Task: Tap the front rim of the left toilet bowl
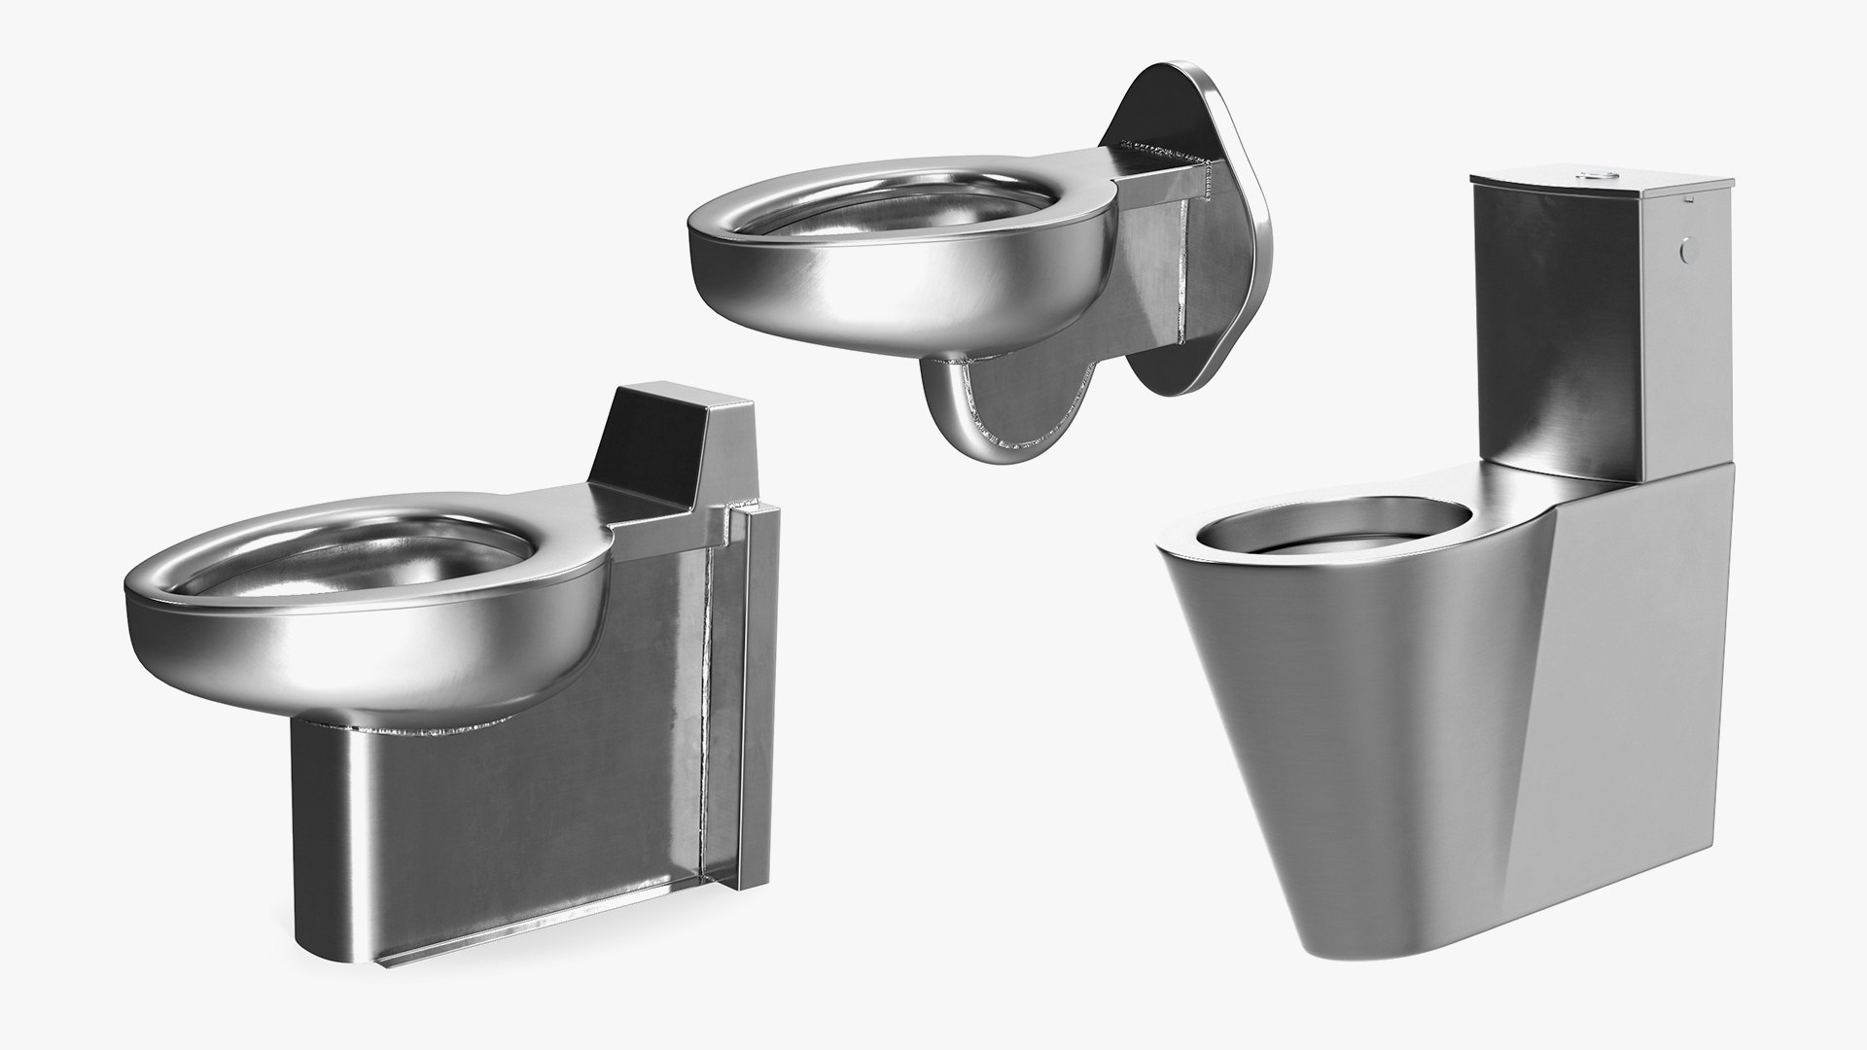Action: (x=243, y=622)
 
